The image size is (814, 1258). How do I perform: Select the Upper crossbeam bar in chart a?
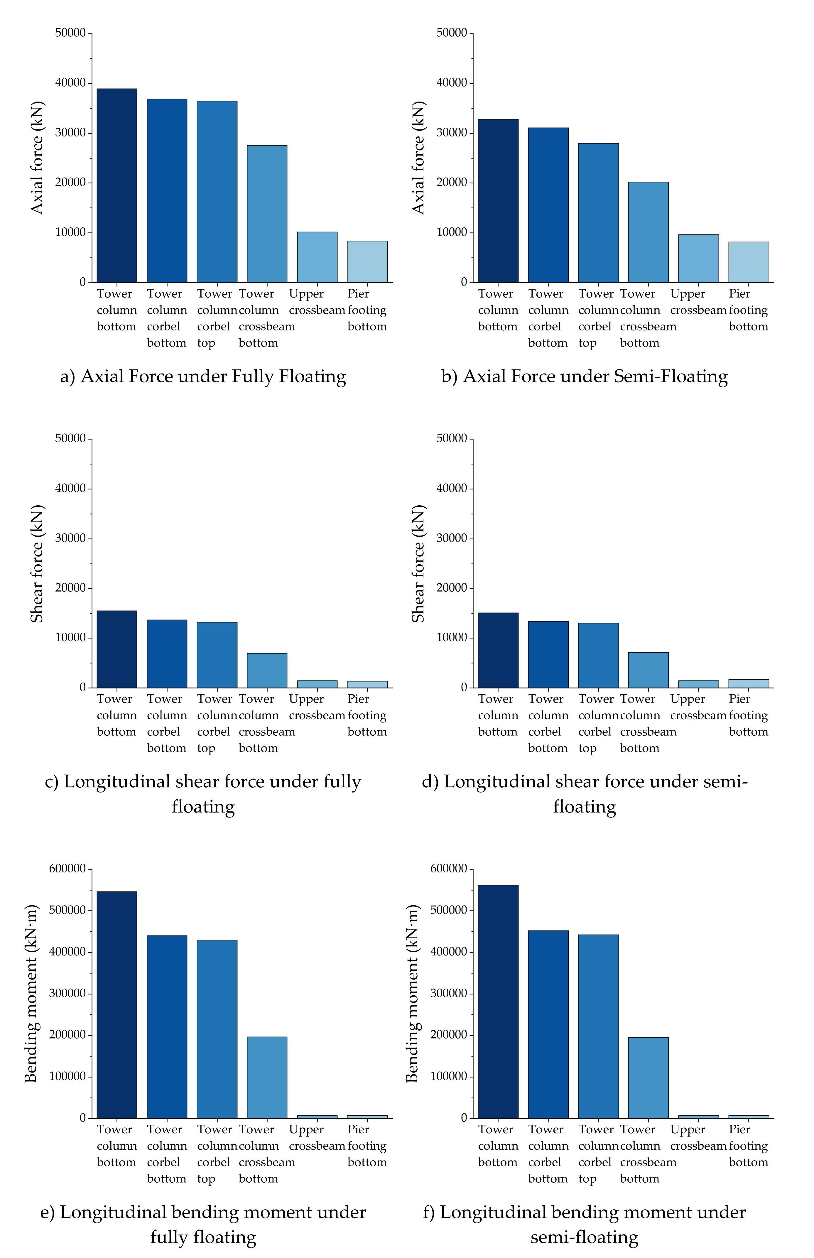pos(317,257)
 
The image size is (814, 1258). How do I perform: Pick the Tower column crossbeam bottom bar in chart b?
pos(649,233)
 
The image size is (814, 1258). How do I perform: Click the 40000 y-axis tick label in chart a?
pos(70,83)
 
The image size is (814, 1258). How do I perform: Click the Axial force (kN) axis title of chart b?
pos(418,158)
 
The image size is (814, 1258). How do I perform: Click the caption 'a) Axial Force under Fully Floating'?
pos(204,376)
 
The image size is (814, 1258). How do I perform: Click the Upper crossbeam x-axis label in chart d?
pos(698,707)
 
